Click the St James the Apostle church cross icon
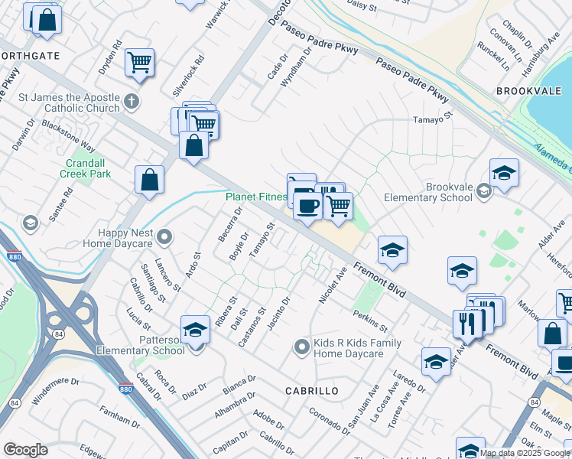coord(132,100)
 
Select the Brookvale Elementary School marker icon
coord(483,190)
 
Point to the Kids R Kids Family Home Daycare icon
coord(302,347)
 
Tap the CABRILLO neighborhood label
coord(311,391)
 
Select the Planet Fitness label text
coord(255,197)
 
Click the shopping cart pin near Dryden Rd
coord(139,62)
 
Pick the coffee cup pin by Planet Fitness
coord(307,206)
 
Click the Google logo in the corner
coord(24,450)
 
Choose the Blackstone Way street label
coord(69,135)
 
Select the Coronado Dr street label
coord(328,422)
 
